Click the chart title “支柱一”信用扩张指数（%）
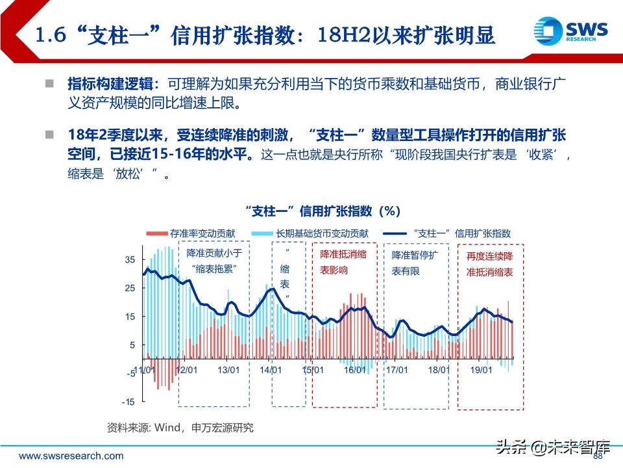(323, 211)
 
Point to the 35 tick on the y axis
(130, 259)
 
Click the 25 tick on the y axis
(130, 288)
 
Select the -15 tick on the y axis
(128, 402)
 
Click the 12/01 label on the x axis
(187, 370)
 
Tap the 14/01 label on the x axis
(271, 370)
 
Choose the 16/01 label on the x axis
(354, 370)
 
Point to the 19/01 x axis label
(480, 370)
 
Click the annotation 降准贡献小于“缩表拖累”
(214, 261)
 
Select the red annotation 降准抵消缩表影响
(343, 262)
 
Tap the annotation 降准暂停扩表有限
(415, 263)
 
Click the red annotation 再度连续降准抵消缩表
(490, 265)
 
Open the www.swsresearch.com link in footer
(71, 456)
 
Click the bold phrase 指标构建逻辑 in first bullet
(110, 84)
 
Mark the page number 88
(598, 455)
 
